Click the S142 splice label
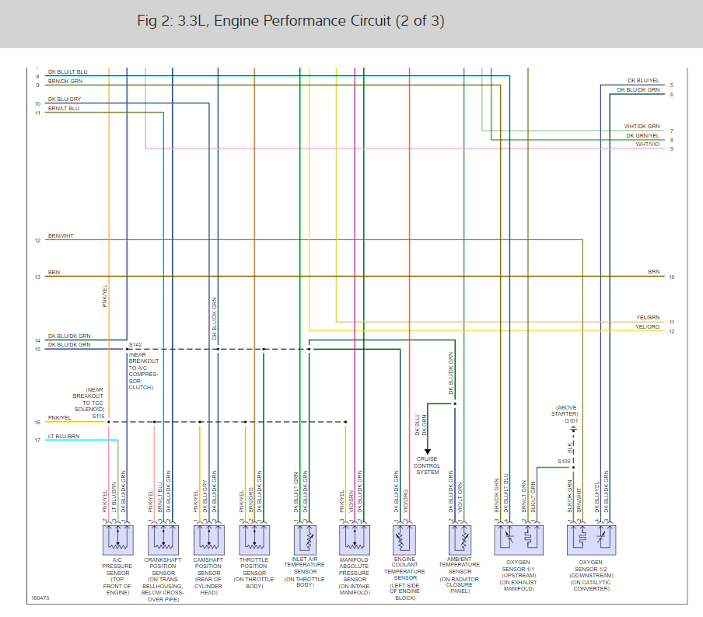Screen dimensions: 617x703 135,343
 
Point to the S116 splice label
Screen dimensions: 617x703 98,417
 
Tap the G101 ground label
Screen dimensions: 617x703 572,420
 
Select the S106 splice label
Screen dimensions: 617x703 564,461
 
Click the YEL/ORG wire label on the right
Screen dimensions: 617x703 647,327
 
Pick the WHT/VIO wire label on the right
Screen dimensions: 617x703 647,144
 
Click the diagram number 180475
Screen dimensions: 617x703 40,598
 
